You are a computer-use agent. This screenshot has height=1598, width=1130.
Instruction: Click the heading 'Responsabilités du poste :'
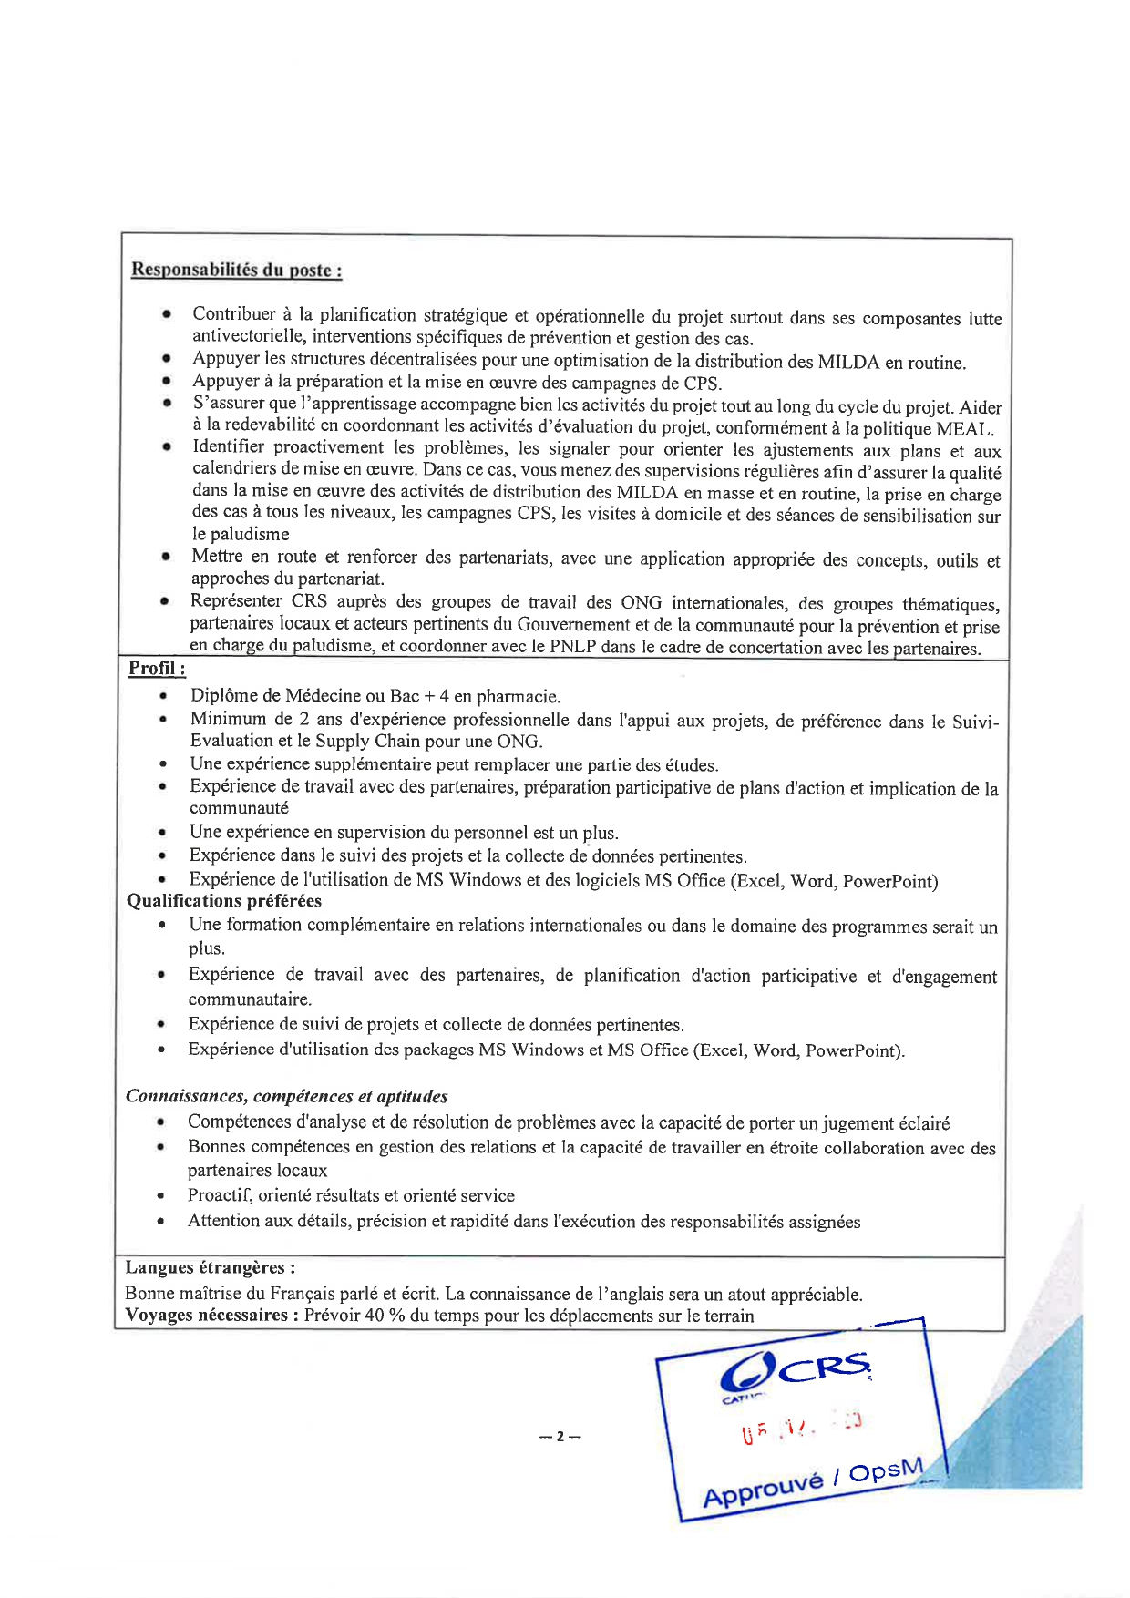click(237, 270)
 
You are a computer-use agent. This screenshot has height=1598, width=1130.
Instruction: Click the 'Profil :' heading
click(157, 668)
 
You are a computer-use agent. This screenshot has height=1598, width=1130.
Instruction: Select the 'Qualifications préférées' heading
click(224, 901)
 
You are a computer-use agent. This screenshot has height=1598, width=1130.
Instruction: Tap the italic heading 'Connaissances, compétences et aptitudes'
click(286, 1096)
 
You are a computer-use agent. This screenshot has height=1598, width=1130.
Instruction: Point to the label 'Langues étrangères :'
click(210, 1267)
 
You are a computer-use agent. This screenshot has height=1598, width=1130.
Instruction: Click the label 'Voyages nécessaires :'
click(211, 1316)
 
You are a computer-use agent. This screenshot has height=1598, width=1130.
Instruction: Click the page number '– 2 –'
click(560, 1437)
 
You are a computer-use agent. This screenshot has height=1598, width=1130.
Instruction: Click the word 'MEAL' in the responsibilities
click(962, 429)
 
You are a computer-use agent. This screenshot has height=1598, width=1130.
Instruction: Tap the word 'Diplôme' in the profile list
click(222, 696)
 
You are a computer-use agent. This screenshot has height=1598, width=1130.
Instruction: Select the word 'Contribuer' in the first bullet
click(233, 314)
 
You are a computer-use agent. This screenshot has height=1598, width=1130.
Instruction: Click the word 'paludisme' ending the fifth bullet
click(241, 535)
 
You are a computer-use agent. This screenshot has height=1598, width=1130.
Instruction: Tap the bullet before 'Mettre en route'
click(166, 557)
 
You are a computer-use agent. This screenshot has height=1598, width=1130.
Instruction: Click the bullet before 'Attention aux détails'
click(160, 1221)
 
